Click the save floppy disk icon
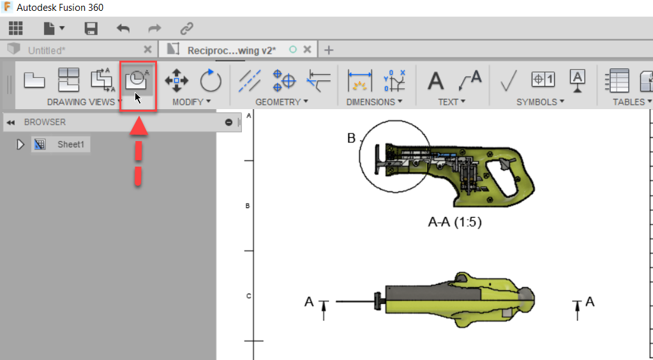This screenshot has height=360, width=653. [91, 28]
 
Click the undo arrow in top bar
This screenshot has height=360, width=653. [123, 28]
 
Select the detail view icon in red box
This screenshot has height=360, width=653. [137, 80]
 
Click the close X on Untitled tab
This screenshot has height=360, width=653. [148, 50]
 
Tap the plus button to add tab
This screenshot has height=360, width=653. [329, 50]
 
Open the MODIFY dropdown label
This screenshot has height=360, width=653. [191, 102]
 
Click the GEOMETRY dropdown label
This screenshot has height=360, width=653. [281, 102]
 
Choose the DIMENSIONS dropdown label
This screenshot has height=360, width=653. [374, 102]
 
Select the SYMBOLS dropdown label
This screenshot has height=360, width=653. [540, 102]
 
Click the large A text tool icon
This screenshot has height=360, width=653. [435, 81]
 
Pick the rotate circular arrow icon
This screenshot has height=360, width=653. [210, 81]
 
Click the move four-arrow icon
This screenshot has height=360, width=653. [176, 81]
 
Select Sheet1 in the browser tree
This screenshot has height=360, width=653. [70, 144]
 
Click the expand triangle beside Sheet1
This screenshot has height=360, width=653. [20, 144]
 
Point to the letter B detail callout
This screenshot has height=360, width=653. [350, 139]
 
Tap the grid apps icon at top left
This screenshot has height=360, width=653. [15, 28]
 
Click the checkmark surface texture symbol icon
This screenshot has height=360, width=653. [509, 81]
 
